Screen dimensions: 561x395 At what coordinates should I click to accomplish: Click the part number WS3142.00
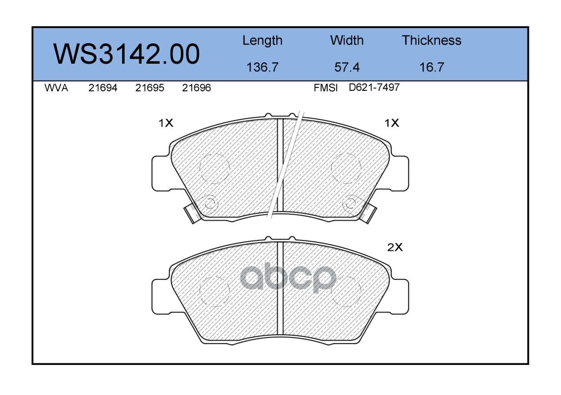point(127,54)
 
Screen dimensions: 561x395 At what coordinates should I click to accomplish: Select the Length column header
point(262,41)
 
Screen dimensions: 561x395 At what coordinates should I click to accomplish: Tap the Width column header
point(346,40)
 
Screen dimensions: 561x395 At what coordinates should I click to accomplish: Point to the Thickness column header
point(432,40)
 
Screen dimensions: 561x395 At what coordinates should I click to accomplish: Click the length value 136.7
point(262,67)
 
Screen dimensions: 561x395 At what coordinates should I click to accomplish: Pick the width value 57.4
point(346,67)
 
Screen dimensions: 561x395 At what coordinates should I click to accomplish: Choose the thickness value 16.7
point(432,67)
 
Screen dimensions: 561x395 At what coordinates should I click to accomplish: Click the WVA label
point(56,88)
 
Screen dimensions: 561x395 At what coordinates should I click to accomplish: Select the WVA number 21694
point(103,88)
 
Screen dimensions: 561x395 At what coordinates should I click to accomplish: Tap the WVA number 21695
point(150,88)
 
